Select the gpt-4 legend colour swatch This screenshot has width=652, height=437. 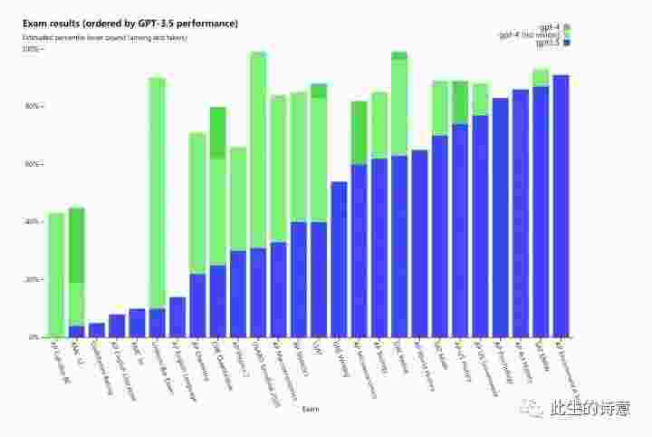(567, 27)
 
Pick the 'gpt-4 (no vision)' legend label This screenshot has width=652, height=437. (528, 35)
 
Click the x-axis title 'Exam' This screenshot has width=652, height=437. (310, 409)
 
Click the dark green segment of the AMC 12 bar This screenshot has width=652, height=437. (77, 245)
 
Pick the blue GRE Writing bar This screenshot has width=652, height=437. (340, 258)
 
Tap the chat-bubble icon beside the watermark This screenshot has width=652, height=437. (531, 410)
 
